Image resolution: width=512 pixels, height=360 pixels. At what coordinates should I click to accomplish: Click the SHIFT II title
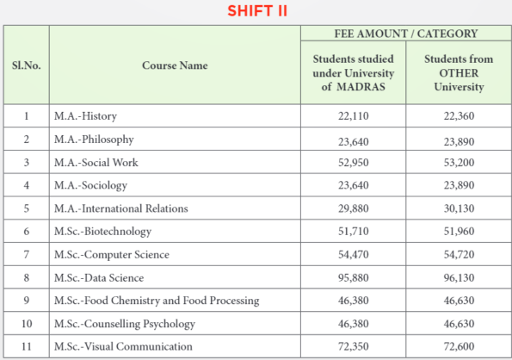(256, 11)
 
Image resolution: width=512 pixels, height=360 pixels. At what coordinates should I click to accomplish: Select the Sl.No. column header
(26, 65)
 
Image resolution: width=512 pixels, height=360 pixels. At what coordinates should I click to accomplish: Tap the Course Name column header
(175, 65)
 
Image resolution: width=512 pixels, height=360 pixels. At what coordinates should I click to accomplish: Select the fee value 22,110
(353, 116)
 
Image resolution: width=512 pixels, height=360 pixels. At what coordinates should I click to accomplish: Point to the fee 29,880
(353, 208)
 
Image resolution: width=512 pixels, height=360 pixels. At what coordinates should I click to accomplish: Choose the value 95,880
(353, 278)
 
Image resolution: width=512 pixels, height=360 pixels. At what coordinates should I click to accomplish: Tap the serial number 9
(26, 301)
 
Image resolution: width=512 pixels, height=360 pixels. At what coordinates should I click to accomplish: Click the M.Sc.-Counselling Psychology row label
(126, 324)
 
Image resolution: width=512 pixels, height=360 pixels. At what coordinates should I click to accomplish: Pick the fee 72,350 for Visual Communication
(353, 347)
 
